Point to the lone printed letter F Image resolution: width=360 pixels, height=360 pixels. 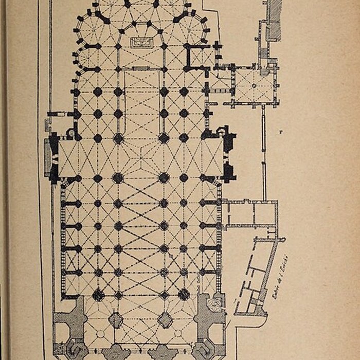pyautogui.click(x=281, y=133)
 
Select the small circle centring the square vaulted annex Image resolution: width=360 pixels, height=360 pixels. pyautogui.click(x=254, y=85)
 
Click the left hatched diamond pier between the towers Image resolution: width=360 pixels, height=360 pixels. pyautogui.click(x=116, y=320)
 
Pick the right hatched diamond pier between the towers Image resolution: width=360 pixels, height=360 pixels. pyautogui.click(x=165, y=320)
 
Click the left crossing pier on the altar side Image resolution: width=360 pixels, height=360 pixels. pyautogui.click(x=118, y=138)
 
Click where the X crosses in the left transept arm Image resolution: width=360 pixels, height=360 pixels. pyautogui.click(x=77, y=158)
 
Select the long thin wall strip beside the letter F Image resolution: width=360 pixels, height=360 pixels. pyautogui.click(x=264, y=154)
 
